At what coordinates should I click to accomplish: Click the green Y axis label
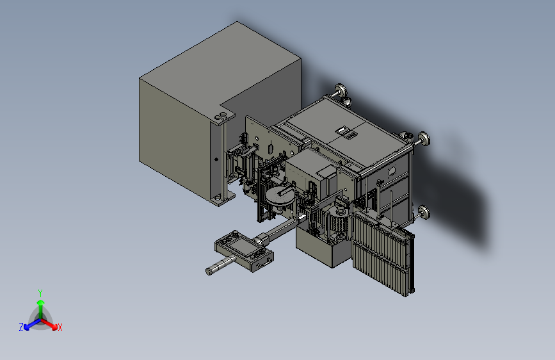[x=40, y=293]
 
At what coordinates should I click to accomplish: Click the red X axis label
[x=60, y=327]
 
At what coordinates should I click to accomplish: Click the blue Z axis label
[x=21, y=327]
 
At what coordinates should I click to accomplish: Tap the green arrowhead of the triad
[x=41, y=302]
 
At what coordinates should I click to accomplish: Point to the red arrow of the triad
[x=49, y=324]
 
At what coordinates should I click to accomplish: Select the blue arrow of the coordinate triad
[x=32, y=324]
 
